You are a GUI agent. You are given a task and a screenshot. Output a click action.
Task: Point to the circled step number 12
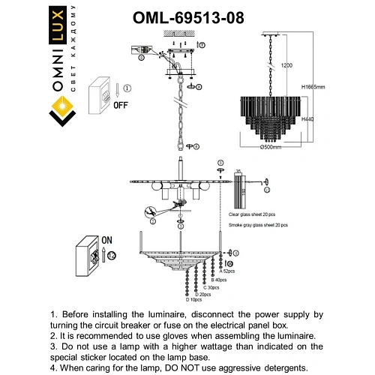(x=112, y=256)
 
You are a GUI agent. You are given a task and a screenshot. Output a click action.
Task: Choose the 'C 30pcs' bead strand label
(x=211, y=287)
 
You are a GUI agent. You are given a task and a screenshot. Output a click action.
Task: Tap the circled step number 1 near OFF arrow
(x=127, y=88)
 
